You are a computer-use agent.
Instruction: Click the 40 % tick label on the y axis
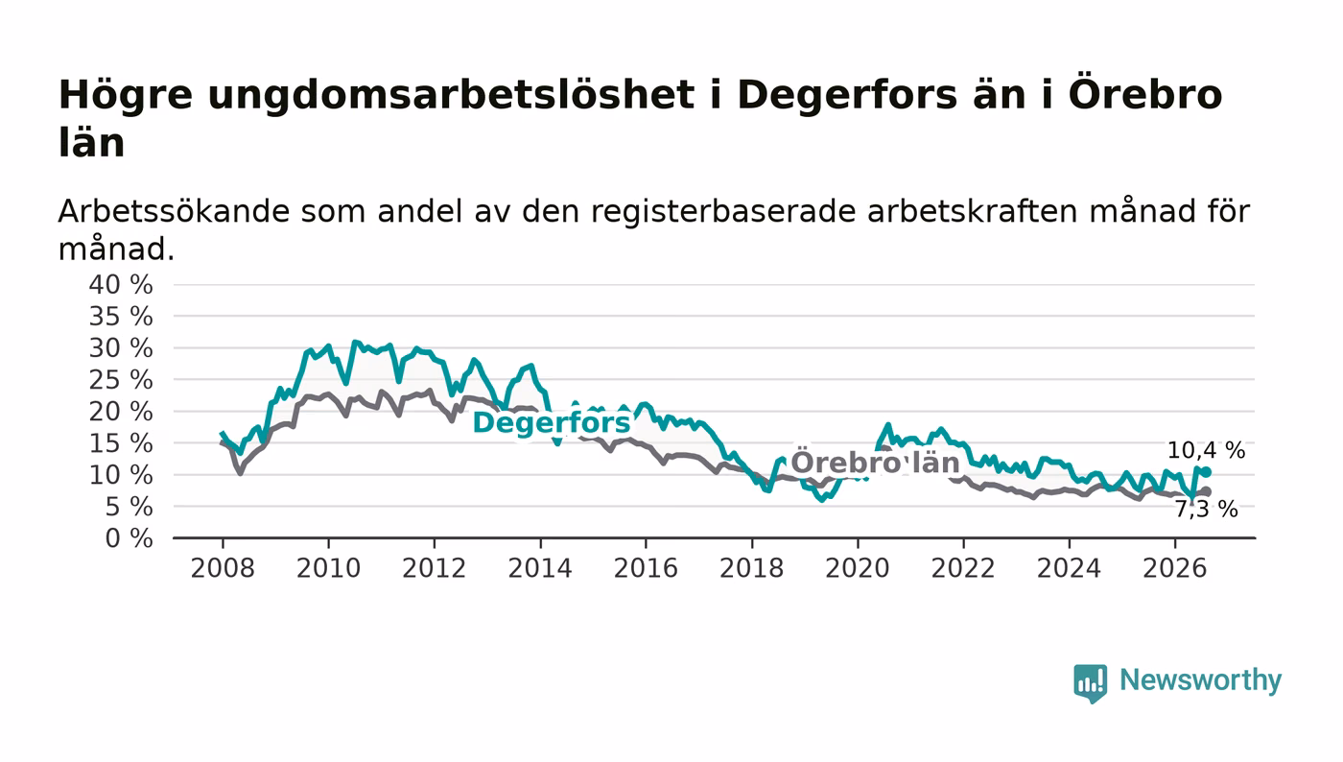[x=121, y=284]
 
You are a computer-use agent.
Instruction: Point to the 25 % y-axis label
[x=121, y=380]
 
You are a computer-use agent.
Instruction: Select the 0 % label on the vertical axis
[x=129, y=538]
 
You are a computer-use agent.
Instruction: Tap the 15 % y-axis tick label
[x=121, y=443]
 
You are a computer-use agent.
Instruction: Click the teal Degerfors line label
[x=552, y=423]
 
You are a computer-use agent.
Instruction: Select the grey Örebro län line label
[x=875, y=463]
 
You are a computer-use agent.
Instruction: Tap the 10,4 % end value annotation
[x=1207, y=450]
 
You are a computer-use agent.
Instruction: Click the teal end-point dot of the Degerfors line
[x=1207, y=472]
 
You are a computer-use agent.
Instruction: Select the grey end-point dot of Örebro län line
[x=1207, y=491]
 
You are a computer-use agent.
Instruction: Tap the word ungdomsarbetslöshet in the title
[x=451, y=95]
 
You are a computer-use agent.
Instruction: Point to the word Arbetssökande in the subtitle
[x=174, y=211]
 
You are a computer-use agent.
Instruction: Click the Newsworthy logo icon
[x=1091, y=682]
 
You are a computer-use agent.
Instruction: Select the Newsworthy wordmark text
[x=1200, y=680]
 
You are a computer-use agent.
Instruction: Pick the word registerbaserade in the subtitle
[x=723, y=211]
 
